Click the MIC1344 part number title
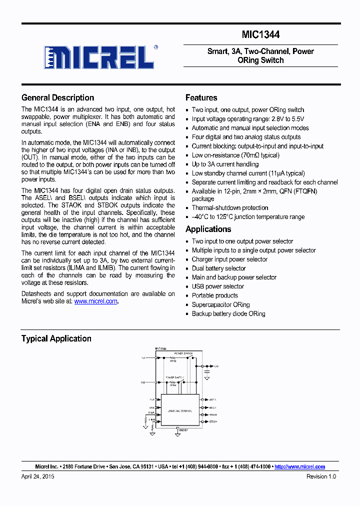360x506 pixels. point(260,34)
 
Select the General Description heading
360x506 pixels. point(57,98)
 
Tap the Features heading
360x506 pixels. point(201,98)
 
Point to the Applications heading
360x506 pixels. point(208,229)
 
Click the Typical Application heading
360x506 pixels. point(56,338)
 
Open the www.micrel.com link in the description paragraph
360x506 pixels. point(96,301)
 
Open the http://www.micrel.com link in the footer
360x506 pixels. point(300,466)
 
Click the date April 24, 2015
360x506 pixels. point(37,476)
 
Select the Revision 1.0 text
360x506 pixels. point(321,476)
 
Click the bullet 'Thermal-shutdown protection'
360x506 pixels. point(229,208)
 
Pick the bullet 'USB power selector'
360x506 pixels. point(217,286)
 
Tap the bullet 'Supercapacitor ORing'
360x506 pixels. point(220,304)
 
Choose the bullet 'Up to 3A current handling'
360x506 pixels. point(225,164)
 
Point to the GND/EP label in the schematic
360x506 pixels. point(183,429)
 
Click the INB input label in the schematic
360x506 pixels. point(143,382)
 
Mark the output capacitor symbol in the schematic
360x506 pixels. point(206,372)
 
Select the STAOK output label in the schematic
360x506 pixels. point(213,414)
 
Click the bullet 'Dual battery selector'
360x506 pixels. point(218,268)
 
